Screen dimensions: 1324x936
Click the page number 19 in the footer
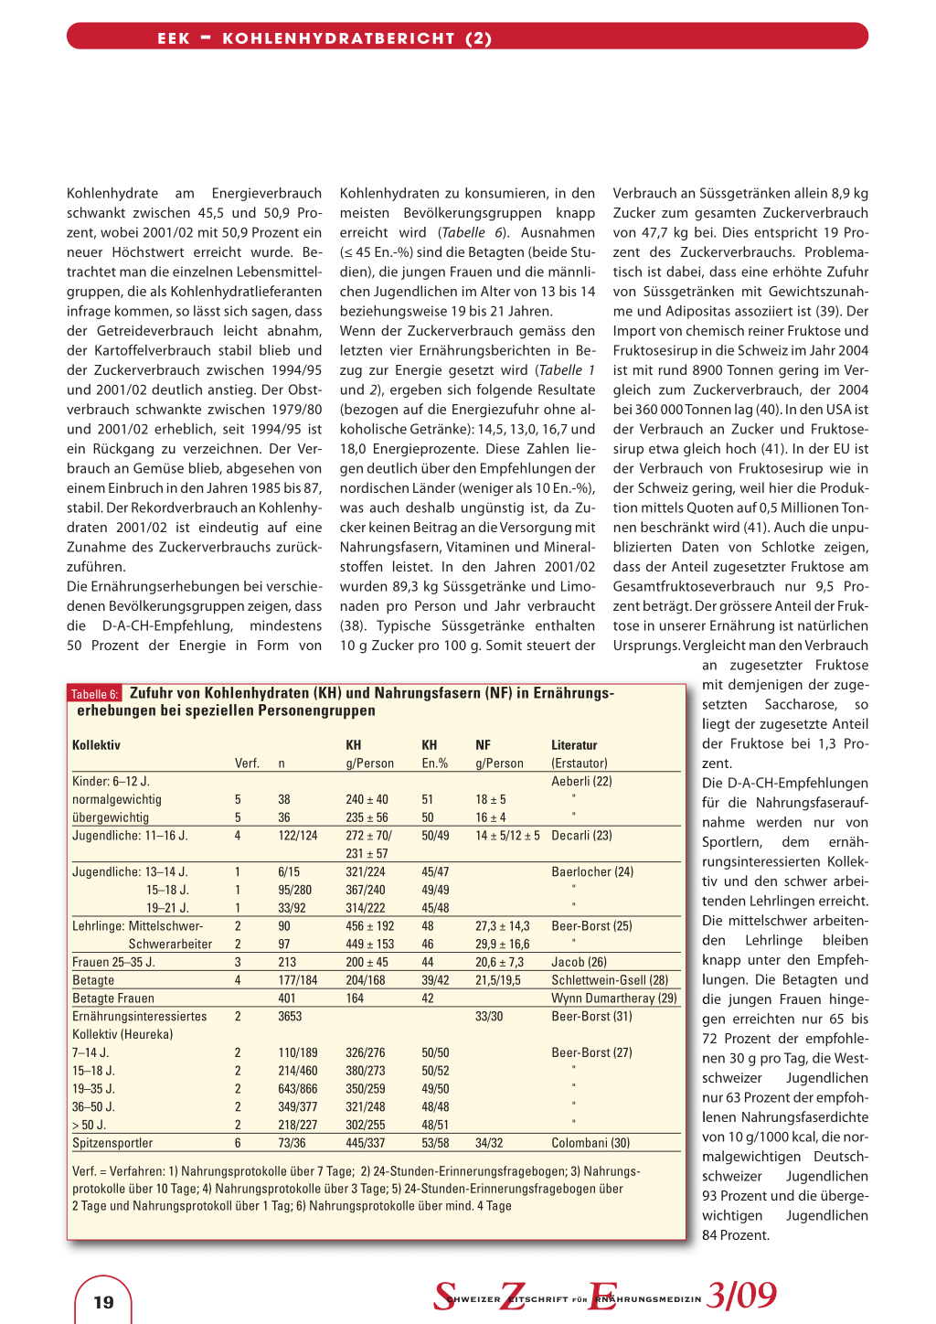(103, 1302)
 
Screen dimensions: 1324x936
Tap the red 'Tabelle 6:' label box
(95, 694)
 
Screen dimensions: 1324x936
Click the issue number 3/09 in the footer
(741, 1295)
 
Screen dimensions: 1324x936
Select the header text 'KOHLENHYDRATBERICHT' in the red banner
(338, 38)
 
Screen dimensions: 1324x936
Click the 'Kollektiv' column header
(96, 745)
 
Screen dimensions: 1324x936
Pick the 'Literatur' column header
(574, 745)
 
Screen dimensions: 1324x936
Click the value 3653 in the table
(290, 1017)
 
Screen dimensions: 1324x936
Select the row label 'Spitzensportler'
(112, 1143)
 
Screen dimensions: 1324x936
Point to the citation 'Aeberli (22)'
(581, 782)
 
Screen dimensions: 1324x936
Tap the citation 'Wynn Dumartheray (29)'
(614, 998)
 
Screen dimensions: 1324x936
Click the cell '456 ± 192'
(370, 926)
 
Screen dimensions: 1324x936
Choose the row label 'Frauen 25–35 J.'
(113, 963)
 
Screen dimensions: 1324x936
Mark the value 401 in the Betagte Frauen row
(287, 998)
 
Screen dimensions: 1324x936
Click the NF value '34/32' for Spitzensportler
(489, 1143)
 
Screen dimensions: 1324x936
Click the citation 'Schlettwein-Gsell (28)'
(610, 980)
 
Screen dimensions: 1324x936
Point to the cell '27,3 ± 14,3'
(502, 926)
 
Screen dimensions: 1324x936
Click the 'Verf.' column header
(247, 763)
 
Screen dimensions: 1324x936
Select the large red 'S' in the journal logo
(445, 1296)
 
